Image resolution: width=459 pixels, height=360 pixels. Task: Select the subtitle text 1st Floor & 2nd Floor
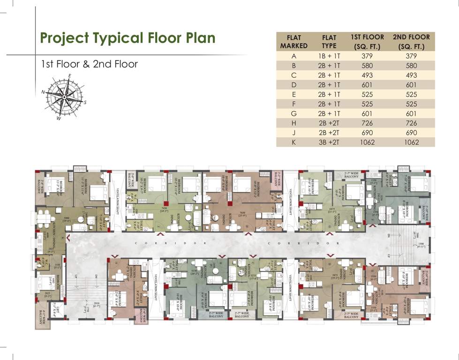pyautogui.click(x=90, y=64)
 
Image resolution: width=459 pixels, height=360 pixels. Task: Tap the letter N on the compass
pyautogui.click(x=43, y=92)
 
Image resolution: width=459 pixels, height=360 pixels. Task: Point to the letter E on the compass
pyautogui.click(x=69, y=76)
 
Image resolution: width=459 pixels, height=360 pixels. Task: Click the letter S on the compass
pyautogui.click(x=85, y=102)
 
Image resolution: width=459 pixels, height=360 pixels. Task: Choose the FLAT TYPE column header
pyautogui.click(x=329, y=41)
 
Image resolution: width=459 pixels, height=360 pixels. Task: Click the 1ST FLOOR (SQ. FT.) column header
pyautogui.click(x=367, y=41)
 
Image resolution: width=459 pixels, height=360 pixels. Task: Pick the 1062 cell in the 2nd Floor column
pyautogui.click(x=411, y=142)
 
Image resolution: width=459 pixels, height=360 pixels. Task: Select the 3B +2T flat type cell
pyautogui.click(x=329, y=142)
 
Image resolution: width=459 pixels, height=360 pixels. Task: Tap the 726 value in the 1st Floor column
pyautogui.click(x=367, y=123)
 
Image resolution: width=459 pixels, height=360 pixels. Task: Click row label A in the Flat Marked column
pyautogui.click(x=293, y=56)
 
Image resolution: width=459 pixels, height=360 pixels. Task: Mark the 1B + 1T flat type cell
pyautogui.click(x=329, y=56)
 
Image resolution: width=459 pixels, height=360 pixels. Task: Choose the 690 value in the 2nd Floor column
pyautogui.click(x=411, y=133)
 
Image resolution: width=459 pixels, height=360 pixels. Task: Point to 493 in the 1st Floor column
pyautogui.click(x=367, y=75)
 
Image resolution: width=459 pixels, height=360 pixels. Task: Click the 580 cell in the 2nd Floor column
pyautogui.click(x=411, y=66)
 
